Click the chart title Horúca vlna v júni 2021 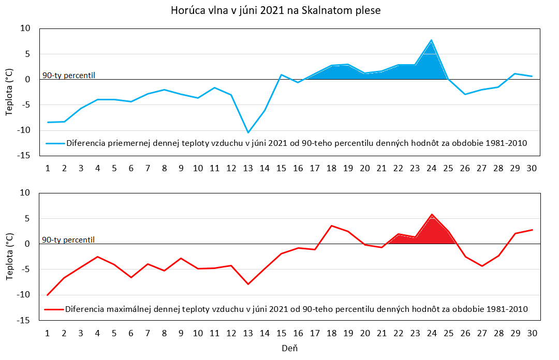(x=275, y=10)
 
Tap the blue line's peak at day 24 (x=431, y=40)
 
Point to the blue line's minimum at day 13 (x=248, y=132)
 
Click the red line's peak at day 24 (x=431, y=214)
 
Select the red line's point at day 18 (x=331, y=226)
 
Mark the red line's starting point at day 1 (x=48, y=295)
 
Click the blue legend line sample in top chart (x=55, y=143)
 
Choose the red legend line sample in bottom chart (x=55, y=309)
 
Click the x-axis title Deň (x=290, y=349)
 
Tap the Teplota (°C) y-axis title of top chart (x=10, y=92)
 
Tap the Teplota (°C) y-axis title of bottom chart (x=10, y=257)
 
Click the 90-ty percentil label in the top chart (x=68, y=76)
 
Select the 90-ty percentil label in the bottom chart (x=68, y=240)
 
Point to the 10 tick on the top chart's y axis (x=25, y=28)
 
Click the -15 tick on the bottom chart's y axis (x=24, y=320)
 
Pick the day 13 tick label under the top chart (x=248, y=168)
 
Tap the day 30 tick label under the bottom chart (x=531, y=333)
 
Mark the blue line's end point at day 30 (x=532, y=76)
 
